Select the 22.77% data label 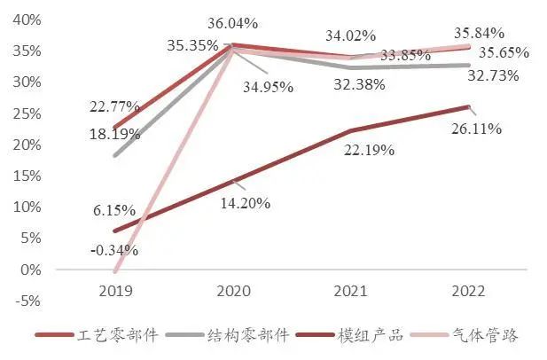pos(113,106)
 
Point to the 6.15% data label pos(113,211)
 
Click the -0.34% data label pos(113,250)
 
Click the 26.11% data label pos(477,129)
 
